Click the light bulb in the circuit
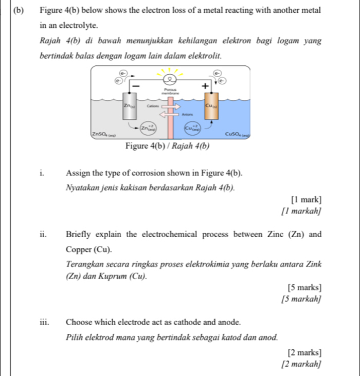point(168,78)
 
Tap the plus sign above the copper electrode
point(206,86)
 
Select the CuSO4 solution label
point(238,134)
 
